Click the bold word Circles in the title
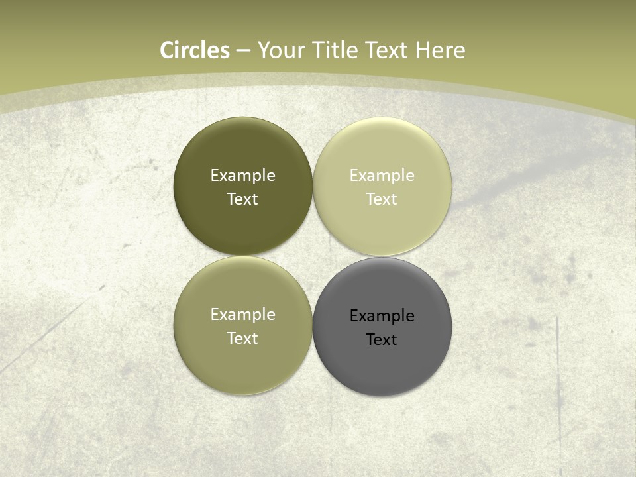pyautogui.click(x=195, y=50)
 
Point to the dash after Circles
pyautogui.click(x=242, y=51)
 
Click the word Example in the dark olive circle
pyautogui.click(x=242, y=176)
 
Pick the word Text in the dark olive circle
pyautogui.click(x=242, y=199)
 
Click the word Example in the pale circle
pyautogui.click(x=382, y=176)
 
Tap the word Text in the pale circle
pyautogui.click(x=382, y=199)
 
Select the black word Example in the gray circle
pyautogui.click(x=382, y=316)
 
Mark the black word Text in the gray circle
pyautogui.click(x=382, y=340)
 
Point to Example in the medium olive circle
pyautogui.click(x=242, y=315)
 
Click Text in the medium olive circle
pyautogui.click(x=242, y=339)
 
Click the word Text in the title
pyautogui.click(x=387, y=50)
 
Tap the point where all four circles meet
pyautogui.click(x=313, y=256)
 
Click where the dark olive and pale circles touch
pyautogui.click(x=313, y=187)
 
